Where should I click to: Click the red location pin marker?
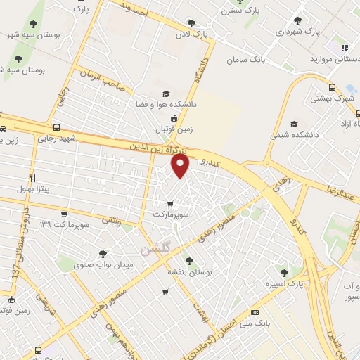[x=181, y=165]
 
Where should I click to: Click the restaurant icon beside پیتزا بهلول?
[x=32, y=178]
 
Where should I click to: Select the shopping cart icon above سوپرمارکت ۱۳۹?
[x=63, y=214]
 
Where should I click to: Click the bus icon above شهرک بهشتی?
[x=333, y=87]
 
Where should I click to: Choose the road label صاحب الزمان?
[x=101, y=77]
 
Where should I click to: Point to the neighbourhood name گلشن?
[x=155, y=247]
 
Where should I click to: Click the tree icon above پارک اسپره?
[x=284, y=272]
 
